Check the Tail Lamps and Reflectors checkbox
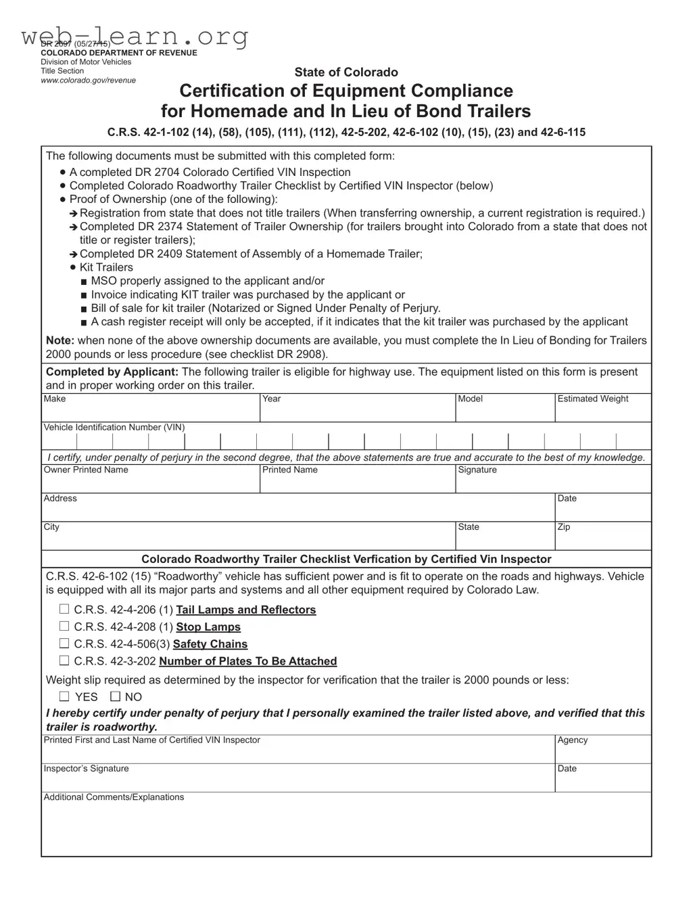pos(64,609)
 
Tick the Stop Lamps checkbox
pos(64,627)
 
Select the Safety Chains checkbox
pos(64,644)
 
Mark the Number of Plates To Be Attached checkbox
pos(64,660)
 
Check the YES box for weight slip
pos(64,696)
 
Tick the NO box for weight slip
pos(115,696)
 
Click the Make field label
pos(55,399)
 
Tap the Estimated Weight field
pos(602,409)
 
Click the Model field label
pos(470,399)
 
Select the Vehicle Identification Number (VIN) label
pos(114,427)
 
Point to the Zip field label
pos(563,526)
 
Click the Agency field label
pos(572,740)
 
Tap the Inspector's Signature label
pos(86,768)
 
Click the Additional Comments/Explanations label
pos(114,796)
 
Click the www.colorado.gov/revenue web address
pos(88,80)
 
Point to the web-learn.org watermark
pos(135,35)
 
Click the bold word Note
pos(59,340)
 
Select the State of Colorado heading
pos(345,72)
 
